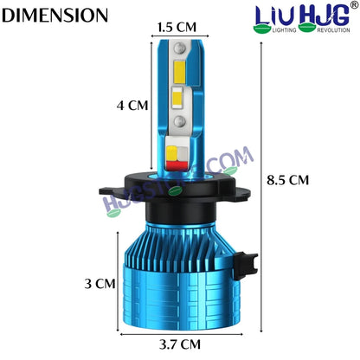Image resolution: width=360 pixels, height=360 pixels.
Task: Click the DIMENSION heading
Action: (x=56, y=16)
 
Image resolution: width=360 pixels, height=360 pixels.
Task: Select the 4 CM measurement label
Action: (x=132, y=106)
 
